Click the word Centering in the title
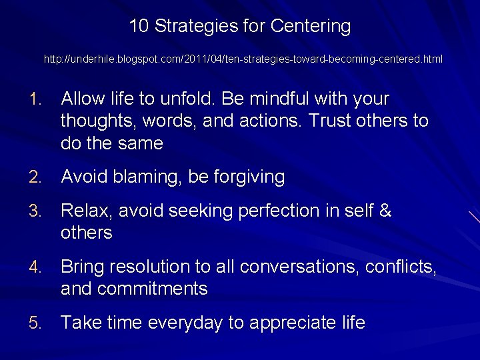pyautogui.click(x=310, y=26)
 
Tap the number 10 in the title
pyautogui.click(x=138, y=26)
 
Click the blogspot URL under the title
pyautogui.click(x=243, y=59)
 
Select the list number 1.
pyautogui.click(x=35, y=99)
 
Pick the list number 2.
pyautogui.click(x=35, y=177)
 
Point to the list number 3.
pyautogui.click(x=35, y=211)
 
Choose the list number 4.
pyautogui.click(x=35, y=267)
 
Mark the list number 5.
pyautogui.click(x=35, y=323)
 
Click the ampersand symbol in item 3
pyautogui.click(x=385, y=211)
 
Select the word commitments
pyautogui.click(x=151, y=289)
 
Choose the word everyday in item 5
pyautogui.click(x=185, y=323)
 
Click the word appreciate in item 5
pyautogui.click(x=288, y=323)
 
